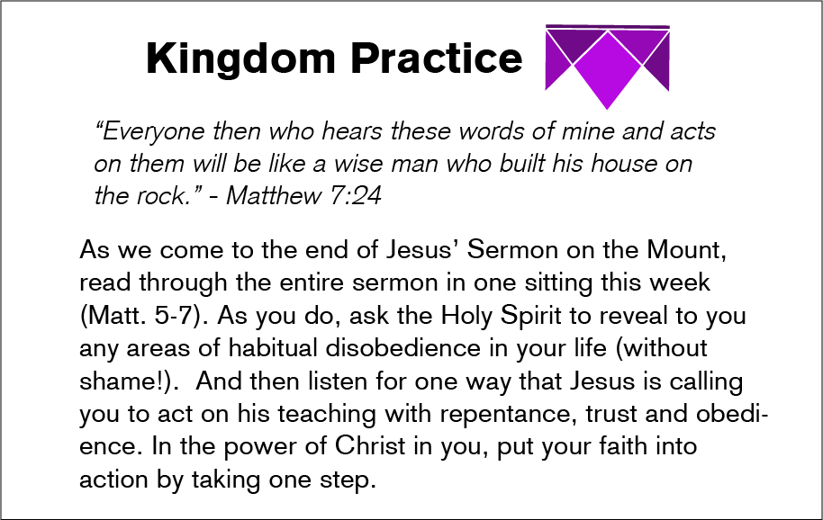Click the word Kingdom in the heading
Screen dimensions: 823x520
[x=241, y=58]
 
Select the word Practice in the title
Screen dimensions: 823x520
[x=437, y=58]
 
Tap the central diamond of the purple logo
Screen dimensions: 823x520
[x=607, y=69]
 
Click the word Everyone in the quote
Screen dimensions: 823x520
[x=149, y=131]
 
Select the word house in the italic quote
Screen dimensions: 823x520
[x=624, y=164]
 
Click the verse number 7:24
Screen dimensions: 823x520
[x=356, y=196]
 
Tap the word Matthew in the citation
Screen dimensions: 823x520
[x=273, y=196]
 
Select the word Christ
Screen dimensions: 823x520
[x=370, y=446]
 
